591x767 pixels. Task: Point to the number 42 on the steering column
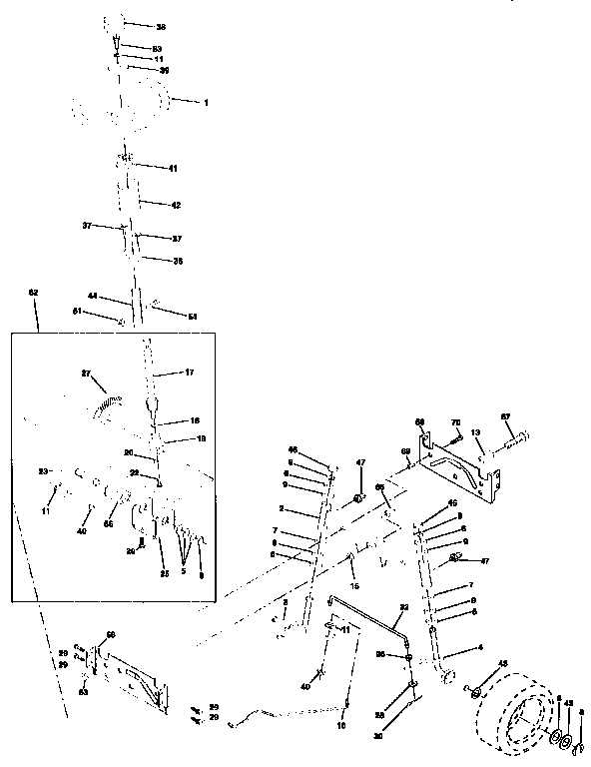[x=176, y=205]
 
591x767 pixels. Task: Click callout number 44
[x=91, y=297]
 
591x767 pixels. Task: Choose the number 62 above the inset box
[x=33, y=292]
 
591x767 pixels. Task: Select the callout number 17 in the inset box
[x=189, y=373]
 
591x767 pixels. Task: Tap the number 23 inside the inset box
[x=43, y=470]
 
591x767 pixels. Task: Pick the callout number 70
[x=457, y=423]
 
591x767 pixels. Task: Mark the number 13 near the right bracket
[x=477, y=433]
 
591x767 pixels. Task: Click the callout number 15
[x=353, y=584]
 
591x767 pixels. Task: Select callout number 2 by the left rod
[x=283, y=509]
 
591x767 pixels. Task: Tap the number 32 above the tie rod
[x=404, y=607]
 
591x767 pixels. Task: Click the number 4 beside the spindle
[x=454, y=648]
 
